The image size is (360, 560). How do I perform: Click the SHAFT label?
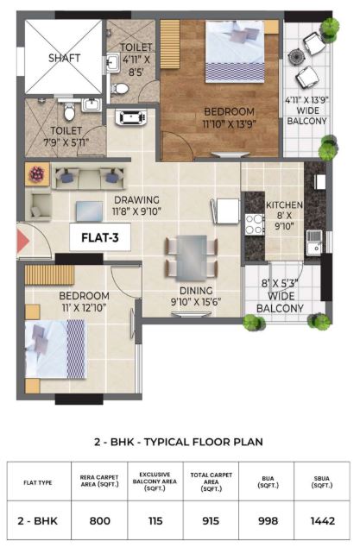click(65, 58)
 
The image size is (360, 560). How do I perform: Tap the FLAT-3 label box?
click(100, 237)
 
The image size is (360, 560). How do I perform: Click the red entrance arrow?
click(23, 242)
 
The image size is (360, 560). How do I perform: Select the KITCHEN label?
click(284, 205)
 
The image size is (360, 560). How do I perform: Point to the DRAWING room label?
click(136, 200)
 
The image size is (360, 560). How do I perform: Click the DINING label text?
click(196, 291)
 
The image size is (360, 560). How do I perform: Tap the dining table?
click(192, 257)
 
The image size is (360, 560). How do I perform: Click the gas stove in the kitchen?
click(255, 224)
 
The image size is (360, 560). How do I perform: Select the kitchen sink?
click(314, 242)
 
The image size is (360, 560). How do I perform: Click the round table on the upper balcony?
click(296, 57)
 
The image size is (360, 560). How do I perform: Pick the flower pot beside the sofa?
click(37, 174)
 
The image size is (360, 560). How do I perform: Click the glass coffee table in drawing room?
click(90, 211)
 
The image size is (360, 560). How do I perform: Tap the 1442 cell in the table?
click(323, 520)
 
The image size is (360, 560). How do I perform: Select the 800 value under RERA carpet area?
click(100, 520)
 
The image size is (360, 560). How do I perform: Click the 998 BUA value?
click(268, 520)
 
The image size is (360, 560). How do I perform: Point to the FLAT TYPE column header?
click(38, 483)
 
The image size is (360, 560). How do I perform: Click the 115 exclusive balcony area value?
click(155, 520)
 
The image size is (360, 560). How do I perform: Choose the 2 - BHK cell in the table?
click(37, 520)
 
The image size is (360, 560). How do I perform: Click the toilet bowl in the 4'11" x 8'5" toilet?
click(119, 88)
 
